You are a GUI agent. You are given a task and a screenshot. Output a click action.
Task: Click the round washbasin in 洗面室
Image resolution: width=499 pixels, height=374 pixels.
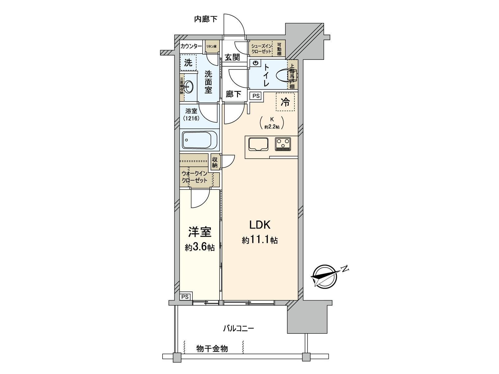coord(188,86)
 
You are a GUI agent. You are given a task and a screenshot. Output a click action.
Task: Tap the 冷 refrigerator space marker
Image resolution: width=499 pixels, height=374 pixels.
coord(285,102)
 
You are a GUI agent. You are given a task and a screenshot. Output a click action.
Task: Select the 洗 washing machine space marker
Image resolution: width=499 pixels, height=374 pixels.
coord(188,63)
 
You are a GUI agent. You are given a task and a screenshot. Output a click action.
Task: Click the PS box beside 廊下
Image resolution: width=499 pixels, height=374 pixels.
coord(256,96)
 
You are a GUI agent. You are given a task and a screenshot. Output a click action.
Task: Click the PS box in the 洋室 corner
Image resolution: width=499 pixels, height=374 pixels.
coord(185,297)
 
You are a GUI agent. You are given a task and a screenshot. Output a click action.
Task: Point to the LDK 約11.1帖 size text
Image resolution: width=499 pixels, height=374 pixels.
coord(260,240)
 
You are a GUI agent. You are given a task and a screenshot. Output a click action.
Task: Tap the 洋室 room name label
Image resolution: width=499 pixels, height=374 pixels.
coord(199,232)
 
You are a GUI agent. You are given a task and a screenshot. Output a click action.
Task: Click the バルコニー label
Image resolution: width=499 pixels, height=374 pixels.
coord(239,328)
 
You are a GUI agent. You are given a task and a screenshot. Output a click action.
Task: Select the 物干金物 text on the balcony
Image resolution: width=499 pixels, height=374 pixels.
coord(212,348)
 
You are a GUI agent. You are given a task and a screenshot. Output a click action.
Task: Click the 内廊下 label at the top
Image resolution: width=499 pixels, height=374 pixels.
coord(206,19)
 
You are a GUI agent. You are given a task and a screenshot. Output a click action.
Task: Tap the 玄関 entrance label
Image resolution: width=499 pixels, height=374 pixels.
coord(232,57)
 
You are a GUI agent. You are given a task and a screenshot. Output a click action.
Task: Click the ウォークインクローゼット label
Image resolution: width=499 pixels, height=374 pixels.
coord(195,177)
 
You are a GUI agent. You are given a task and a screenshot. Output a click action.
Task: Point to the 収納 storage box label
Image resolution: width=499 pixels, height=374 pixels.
coord(215,162)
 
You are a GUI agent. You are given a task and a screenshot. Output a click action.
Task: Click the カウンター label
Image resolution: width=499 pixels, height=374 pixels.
coord(191,46)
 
